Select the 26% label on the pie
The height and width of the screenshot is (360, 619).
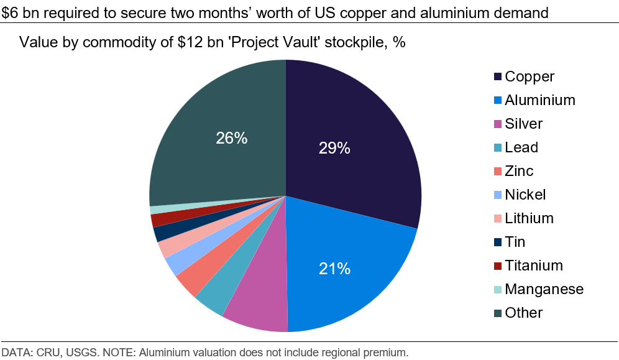(x=232, y=138)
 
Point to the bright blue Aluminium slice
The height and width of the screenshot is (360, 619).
(x=348, y=274)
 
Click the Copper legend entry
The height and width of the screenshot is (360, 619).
(x=529, y=76)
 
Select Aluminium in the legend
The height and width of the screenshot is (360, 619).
(x=539, y=100)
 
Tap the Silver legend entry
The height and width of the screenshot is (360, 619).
(x=523, y=124)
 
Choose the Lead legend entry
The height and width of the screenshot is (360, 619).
(x=521, y=147)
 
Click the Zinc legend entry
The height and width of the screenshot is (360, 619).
(x=518, y=171)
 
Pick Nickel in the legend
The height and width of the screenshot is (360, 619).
(x=525, y=195)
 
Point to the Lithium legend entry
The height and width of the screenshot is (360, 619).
(x=528, y=218)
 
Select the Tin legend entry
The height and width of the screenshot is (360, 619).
(x=515, y=242)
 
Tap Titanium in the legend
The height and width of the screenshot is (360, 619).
(x=533, y=265)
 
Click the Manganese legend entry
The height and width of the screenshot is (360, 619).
(x=544, y=289)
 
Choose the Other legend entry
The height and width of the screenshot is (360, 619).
(x=523, y=313)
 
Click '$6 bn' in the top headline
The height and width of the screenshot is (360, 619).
(x=18, y=12)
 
